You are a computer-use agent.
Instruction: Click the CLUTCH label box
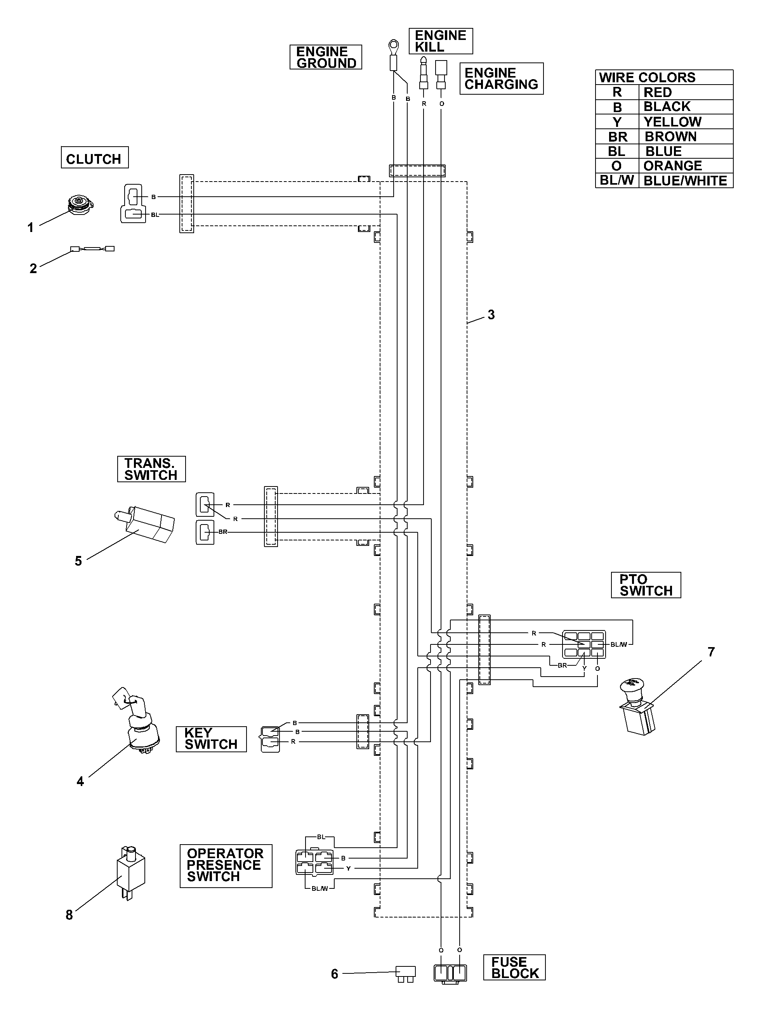pos(94,158)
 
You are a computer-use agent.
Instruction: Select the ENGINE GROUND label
pos(326,57)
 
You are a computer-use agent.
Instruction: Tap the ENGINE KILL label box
pos(441,41)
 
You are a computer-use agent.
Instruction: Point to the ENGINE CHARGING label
pos(502,79)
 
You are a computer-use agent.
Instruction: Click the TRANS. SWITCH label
pos(151,469)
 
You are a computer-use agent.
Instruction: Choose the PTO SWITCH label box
pos(646,585)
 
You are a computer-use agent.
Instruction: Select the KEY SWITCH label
pos(211,739)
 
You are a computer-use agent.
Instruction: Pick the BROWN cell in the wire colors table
pos(686,137)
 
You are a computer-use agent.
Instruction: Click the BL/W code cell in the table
pos(617,180)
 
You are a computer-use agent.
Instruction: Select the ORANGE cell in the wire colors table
pos(686,166)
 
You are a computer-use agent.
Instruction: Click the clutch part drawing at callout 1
pos(80,204)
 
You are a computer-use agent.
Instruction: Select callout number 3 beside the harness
pos(491,315)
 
